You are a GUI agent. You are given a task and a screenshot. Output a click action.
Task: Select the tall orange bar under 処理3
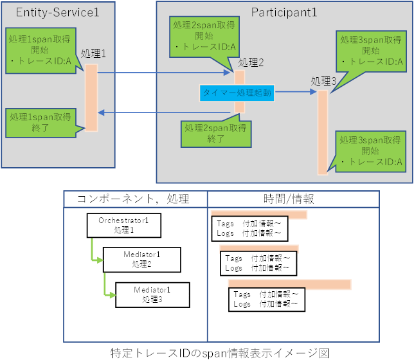tap(323, 132)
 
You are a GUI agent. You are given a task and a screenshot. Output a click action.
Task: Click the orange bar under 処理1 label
tap(91, 97)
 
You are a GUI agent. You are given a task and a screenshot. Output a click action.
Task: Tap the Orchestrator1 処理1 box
tap(123, 225)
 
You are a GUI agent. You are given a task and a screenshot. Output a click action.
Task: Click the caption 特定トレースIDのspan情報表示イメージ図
tap(220, 353)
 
